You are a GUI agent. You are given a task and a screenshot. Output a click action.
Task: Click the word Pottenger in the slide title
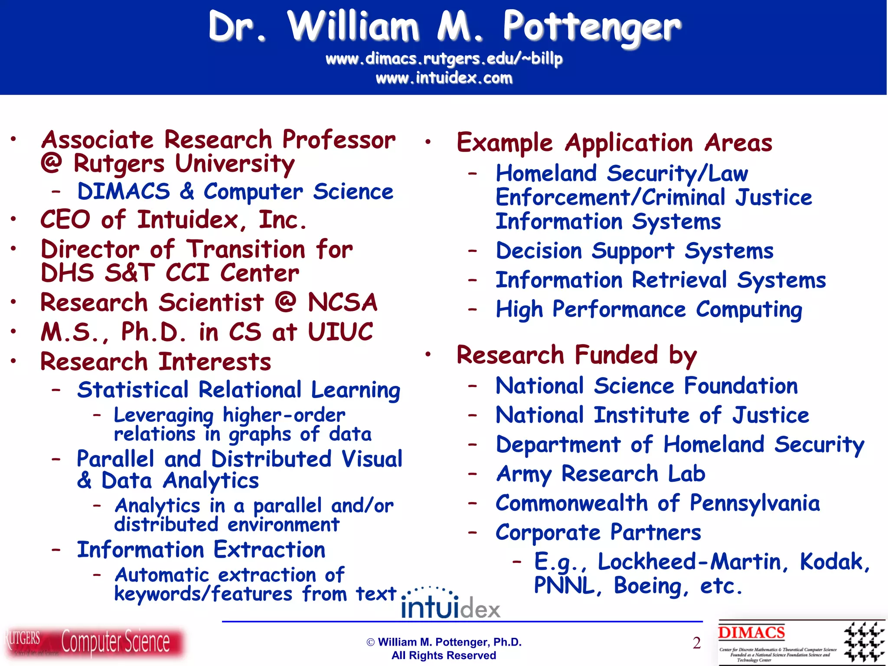pos(591,27)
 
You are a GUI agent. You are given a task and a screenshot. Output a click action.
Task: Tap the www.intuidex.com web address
pos(444,78)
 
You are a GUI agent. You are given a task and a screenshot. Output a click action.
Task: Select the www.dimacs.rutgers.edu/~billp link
pos(444,59)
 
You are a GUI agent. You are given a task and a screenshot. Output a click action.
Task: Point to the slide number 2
pos(696,643)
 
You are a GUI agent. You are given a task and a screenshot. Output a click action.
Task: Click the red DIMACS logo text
pos(751,633)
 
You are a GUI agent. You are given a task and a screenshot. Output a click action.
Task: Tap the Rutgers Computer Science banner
pos(93,642)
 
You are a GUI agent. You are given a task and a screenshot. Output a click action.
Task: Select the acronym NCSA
pos(343,302)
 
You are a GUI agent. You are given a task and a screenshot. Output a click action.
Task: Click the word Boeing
pos(648,586)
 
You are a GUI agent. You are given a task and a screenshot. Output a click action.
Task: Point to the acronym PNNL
pos(565,586)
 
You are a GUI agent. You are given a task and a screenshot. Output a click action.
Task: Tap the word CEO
pos(65,219)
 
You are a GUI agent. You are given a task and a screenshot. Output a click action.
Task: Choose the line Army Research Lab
pos(601,473)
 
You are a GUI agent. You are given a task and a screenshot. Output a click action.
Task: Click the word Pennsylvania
pos(754,504)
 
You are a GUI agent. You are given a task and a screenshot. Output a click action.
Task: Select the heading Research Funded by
pos(577,355)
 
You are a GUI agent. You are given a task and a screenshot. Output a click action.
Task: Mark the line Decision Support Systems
pos(634,251)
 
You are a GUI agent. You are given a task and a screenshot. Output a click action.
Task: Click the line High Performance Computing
pos(649,310)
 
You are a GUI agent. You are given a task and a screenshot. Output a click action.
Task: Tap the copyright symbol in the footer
pos(371,642)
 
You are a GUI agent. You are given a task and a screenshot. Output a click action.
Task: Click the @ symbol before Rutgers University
pos(52,164)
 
